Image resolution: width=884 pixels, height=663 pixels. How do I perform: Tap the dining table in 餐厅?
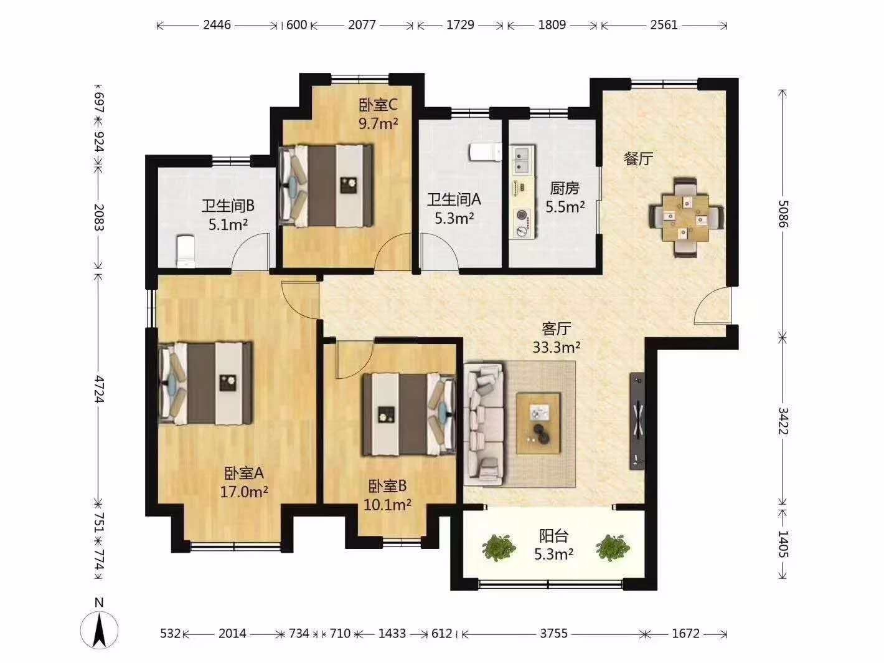point(686,217)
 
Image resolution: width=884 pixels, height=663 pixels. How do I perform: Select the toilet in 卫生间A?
point(486,152)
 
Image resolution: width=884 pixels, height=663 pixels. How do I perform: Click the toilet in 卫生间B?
point(186,252)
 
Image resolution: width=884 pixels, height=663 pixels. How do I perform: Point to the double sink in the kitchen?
point(522,160)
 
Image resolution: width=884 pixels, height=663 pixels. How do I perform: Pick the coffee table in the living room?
point(538,423)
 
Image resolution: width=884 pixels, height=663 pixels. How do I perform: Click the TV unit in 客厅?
point(637,421)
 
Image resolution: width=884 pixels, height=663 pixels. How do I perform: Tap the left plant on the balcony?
point(499,548)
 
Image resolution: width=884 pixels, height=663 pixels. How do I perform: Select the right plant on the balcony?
point(613,548)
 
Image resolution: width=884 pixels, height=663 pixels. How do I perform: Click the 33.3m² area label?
point(556,347)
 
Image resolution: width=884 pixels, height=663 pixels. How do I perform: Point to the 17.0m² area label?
point(243,492)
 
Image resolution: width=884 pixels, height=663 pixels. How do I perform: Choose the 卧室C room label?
point(378,105)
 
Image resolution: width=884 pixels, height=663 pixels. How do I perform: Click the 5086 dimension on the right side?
point(783,214)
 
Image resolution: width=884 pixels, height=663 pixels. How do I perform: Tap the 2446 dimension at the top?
point(217,25)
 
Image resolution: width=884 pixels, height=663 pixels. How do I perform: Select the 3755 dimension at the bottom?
point(554,633)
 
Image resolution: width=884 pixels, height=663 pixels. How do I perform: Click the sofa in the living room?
point(484,424)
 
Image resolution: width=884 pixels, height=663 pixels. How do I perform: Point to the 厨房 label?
point(564,188)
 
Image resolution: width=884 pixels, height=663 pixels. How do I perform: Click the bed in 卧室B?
point(410,414)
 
